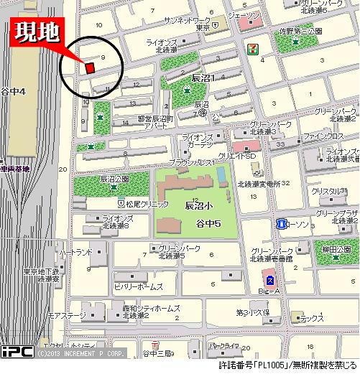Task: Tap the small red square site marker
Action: tap(90, 67)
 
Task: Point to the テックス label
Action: tap(312, 318)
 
